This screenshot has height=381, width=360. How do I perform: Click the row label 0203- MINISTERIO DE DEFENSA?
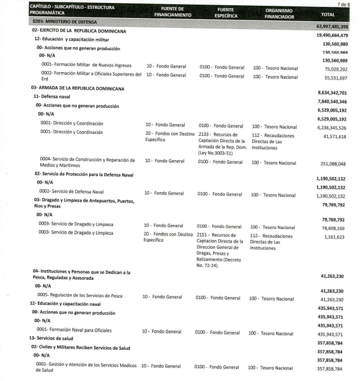68,22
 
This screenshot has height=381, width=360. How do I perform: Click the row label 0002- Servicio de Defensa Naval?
72,191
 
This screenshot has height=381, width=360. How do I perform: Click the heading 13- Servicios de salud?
54,338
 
